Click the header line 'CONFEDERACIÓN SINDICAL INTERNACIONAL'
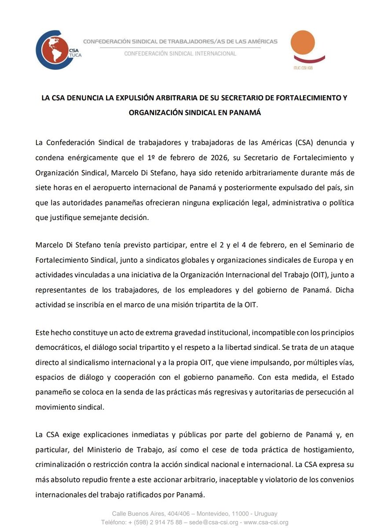[x=180, y=54]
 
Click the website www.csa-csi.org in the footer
[x=264, y=522]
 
